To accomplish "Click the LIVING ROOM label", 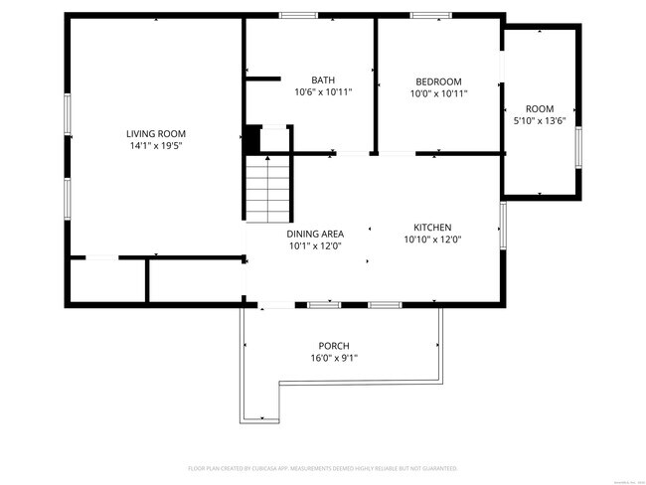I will [x=155, y=133].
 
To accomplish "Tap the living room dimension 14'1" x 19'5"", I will [x=155, y=145].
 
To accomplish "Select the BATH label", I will [x=323, y=81].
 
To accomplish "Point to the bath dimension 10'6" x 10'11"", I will [x=323, y=92].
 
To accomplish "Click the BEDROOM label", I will [x=438, y=81].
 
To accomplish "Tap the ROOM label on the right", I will [x=540, y=108].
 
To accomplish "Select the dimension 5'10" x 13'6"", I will [x=540, y=120].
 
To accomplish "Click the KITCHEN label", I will [x=432, y=227].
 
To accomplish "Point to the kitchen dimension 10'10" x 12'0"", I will [x=432, y=239].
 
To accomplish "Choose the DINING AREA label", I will [x=315, y=234].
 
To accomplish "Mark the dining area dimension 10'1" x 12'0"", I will [x=315, y=245].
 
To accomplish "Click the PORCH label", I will [x=333, y=346].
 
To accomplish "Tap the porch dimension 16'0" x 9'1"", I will [x=333, y=358].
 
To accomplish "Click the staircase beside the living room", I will [x=267, y=188].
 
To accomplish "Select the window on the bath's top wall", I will [x=297, y=15].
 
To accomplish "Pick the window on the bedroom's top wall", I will [x=430, y=15].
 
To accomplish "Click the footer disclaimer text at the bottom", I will [x=322, y=467].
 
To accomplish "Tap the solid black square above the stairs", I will [x=252, y=140].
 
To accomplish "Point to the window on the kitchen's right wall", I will [x=503, y=226].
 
